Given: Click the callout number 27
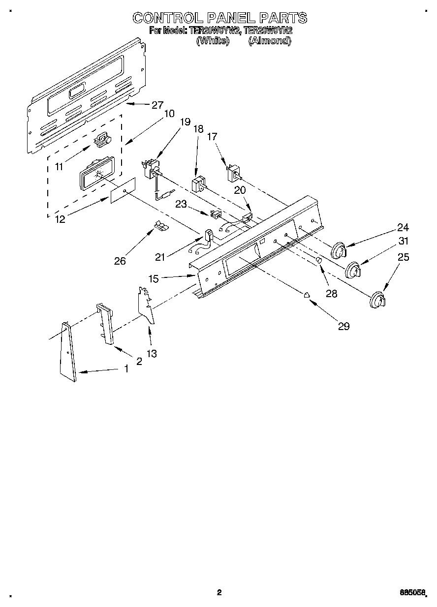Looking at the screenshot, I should pyautogui.click(x=157, y=105).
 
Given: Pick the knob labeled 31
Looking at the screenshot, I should pyautogui.click(x=353, y=271).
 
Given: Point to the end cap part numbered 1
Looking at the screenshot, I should pyautogui.click(x=67, y=352).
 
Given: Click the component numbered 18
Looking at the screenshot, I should pyautogui.click(x=198, y=185).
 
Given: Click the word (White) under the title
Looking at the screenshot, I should pyautogui.click(x=213, y=41).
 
